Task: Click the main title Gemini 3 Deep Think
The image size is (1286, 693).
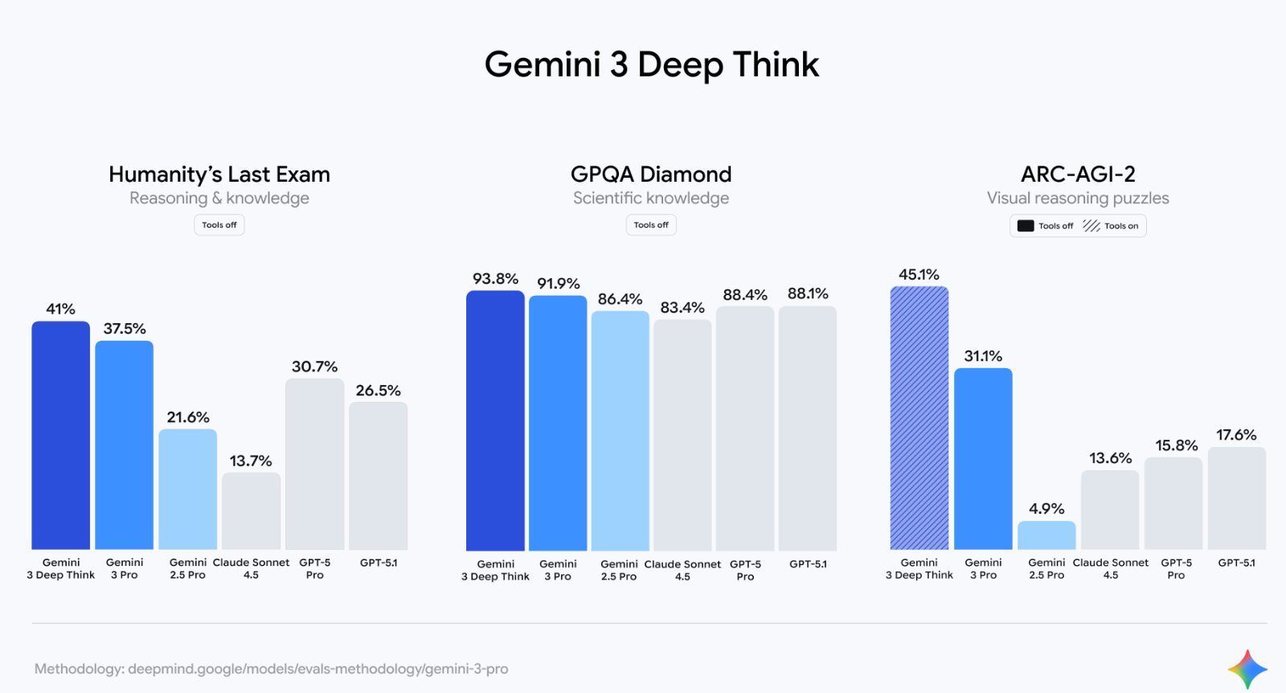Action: (x=651, y=64)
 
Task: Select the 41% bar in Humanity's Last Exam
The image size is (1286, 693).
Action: (x=60, y=434)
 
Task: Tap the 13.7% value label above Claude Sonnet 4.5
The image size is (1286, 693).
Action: (x=251, y=461)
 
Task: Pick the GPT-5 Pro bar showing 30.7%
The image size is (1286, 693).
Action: (x=314, y=464)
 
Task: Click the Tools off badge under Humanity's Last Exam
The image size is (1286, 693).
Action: (x=219, y=225)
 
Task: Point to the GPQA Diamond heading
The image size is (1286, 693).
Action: (x=651, y=174)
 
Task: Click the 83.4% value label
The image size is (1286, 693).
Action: (x=682, y=307)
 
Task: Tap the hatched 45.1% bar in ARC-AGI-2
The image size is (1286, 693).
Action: (x=919, y=418)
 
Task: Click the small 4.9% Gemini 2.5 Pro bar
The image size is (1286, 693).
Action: (x=1046, y=535)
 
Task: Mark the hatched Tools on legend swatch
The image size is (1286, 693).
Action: (x=1091, y=226)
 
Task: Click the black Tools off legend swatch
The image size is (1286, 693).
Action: (x=1026, y=226)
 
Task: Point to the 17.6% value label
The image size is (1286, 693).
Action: (x=1236, y=435)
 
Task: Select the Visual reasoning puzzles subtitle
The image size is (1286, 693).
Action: (x=1078, y=198)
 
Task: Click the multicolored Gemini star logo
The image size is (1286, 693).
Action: (x=1247, y=669)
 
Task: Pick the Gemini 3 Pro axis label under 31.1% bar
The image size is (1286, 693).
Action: (x=983, y=568)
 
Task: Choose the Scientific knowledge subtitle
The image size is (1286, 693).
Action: (x=651, y=198)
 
